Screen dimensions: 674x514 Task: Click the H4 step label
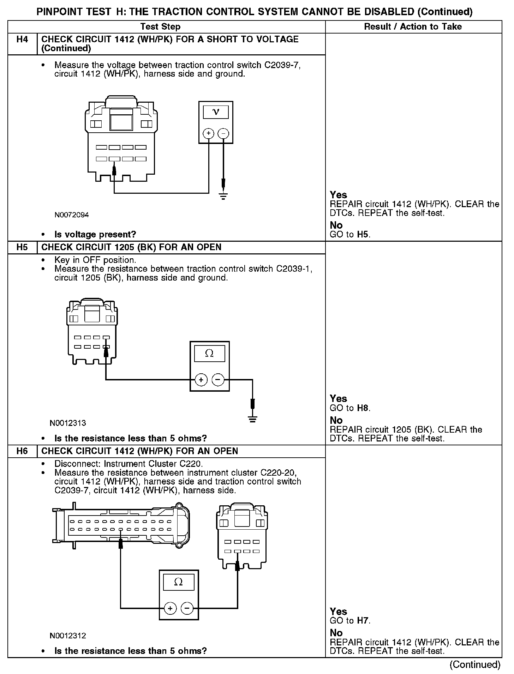[22, 40]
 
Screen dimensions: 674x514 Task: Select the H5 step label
[22, 247]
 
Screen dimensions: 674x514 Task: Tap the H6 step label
[22, 451]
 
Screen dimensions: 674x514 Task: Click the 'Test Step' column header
[160, 27]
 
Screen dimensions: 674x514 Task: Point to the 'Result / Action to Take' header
[413, 27]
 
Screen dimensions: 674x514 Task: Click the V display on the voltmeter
[216, 112]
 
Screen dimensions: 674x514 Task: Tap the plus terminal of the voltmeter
[209, 133]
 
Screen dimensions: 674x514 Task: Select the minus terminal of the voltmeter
[223, 133]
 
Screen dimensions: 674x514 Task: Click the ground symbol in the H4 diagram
[223, 196]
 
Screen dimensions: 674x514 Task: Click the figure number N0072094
[72, 215]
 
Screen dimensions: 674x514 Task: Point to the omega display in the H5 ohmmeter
[209, 354]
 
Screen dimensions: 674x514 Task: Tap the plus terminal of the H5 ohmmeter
[201, 380]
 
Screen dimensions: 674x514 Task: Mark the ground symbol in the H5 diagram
[252, 419]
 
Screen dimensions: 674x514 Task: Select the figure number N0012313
[68, 423]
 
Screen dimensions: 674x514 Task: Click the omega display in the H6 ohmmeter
[179, 582]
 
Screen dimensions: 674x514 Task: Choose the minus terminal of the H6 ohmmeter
[187, 608]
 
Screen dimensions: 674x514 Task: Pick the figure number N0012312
[68, 636]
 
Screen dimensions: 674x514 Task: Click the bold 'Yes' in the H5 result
[338, 399]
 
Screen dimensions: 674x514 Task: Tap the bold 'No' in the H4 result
[336, 225]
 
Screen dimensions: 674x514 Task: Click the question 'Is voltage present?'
[95, 235]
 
